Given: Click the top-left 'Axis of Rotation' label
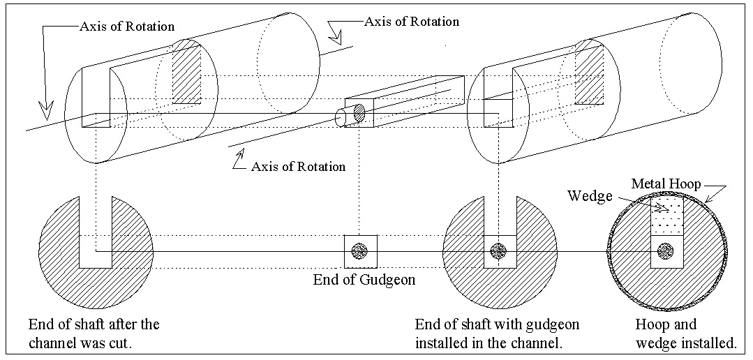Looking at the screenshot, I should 126,27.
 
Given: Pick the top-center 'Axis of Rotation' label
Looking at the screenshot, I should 412,22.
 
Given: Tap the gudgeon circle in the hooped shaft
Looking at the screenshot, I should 666,250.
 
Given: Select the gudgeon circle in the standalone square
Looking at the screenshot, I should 360,250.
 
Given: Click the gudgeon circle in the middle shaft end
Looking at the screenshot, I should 498,250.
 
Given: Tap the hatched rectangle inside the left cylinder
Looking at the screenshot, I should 186,72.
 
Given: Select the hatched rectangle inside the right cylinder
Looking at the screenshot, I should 588,72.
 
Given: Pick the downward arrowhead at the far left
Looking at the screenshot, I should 46,110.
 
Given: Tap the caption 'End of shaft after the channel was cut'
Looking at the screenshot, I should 94,333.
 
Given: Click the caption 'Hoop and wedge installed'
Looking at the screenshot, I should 685,333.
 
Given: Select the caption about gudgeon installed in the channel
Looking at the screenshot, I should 497,333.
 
